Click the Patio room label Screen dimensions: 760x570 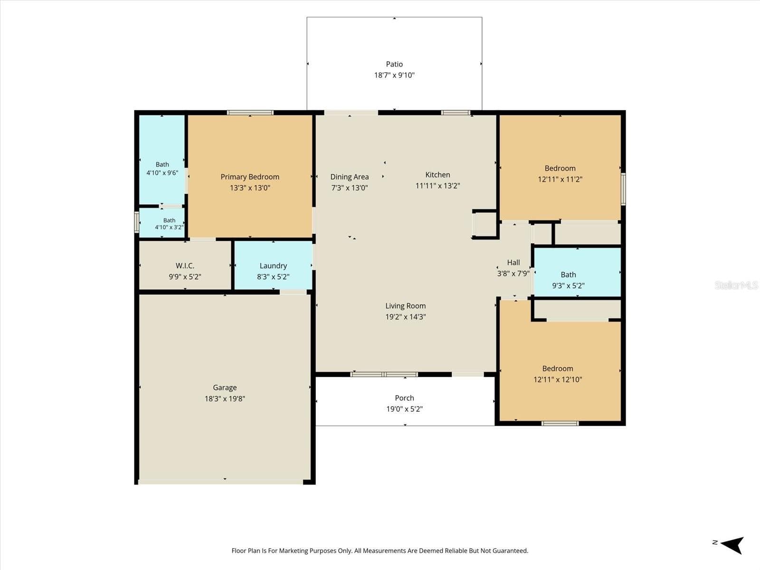[394, 64]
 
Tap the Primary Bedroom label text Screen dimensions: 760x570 [250, 177]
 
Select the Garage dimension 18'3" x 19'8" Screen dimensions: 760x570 [225, 399]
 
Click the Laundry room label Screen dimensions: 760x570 [273, 266]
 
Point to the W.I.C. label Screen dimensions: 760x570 [185, 266]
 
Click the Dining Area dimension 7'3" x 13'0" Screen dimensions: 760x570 [349, 188]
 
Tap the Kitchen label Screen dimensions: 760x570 [437, 175]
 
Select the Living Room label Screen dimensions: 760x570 [406, 306]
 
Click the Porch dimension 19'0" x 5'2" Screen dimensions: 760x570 [404, 409]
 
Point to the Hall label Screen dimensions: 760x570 [513, 262]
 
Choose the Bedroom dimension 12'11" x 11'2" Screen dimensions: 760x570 [560, 179]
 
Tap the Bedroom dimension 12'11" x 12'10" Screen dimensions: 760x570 [558, 380]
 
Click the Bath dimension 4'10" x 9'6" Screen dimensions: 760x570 [162, 173]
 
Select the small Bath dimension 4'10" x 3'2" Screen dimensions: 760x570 [169, 228]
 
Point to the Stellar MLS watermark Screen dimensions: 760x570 [736, 285]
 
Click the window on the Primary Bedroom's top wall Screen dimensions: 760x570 [250, 113]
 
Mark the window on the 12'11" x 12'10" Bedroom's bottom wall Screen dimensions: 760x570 [560, 423]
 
